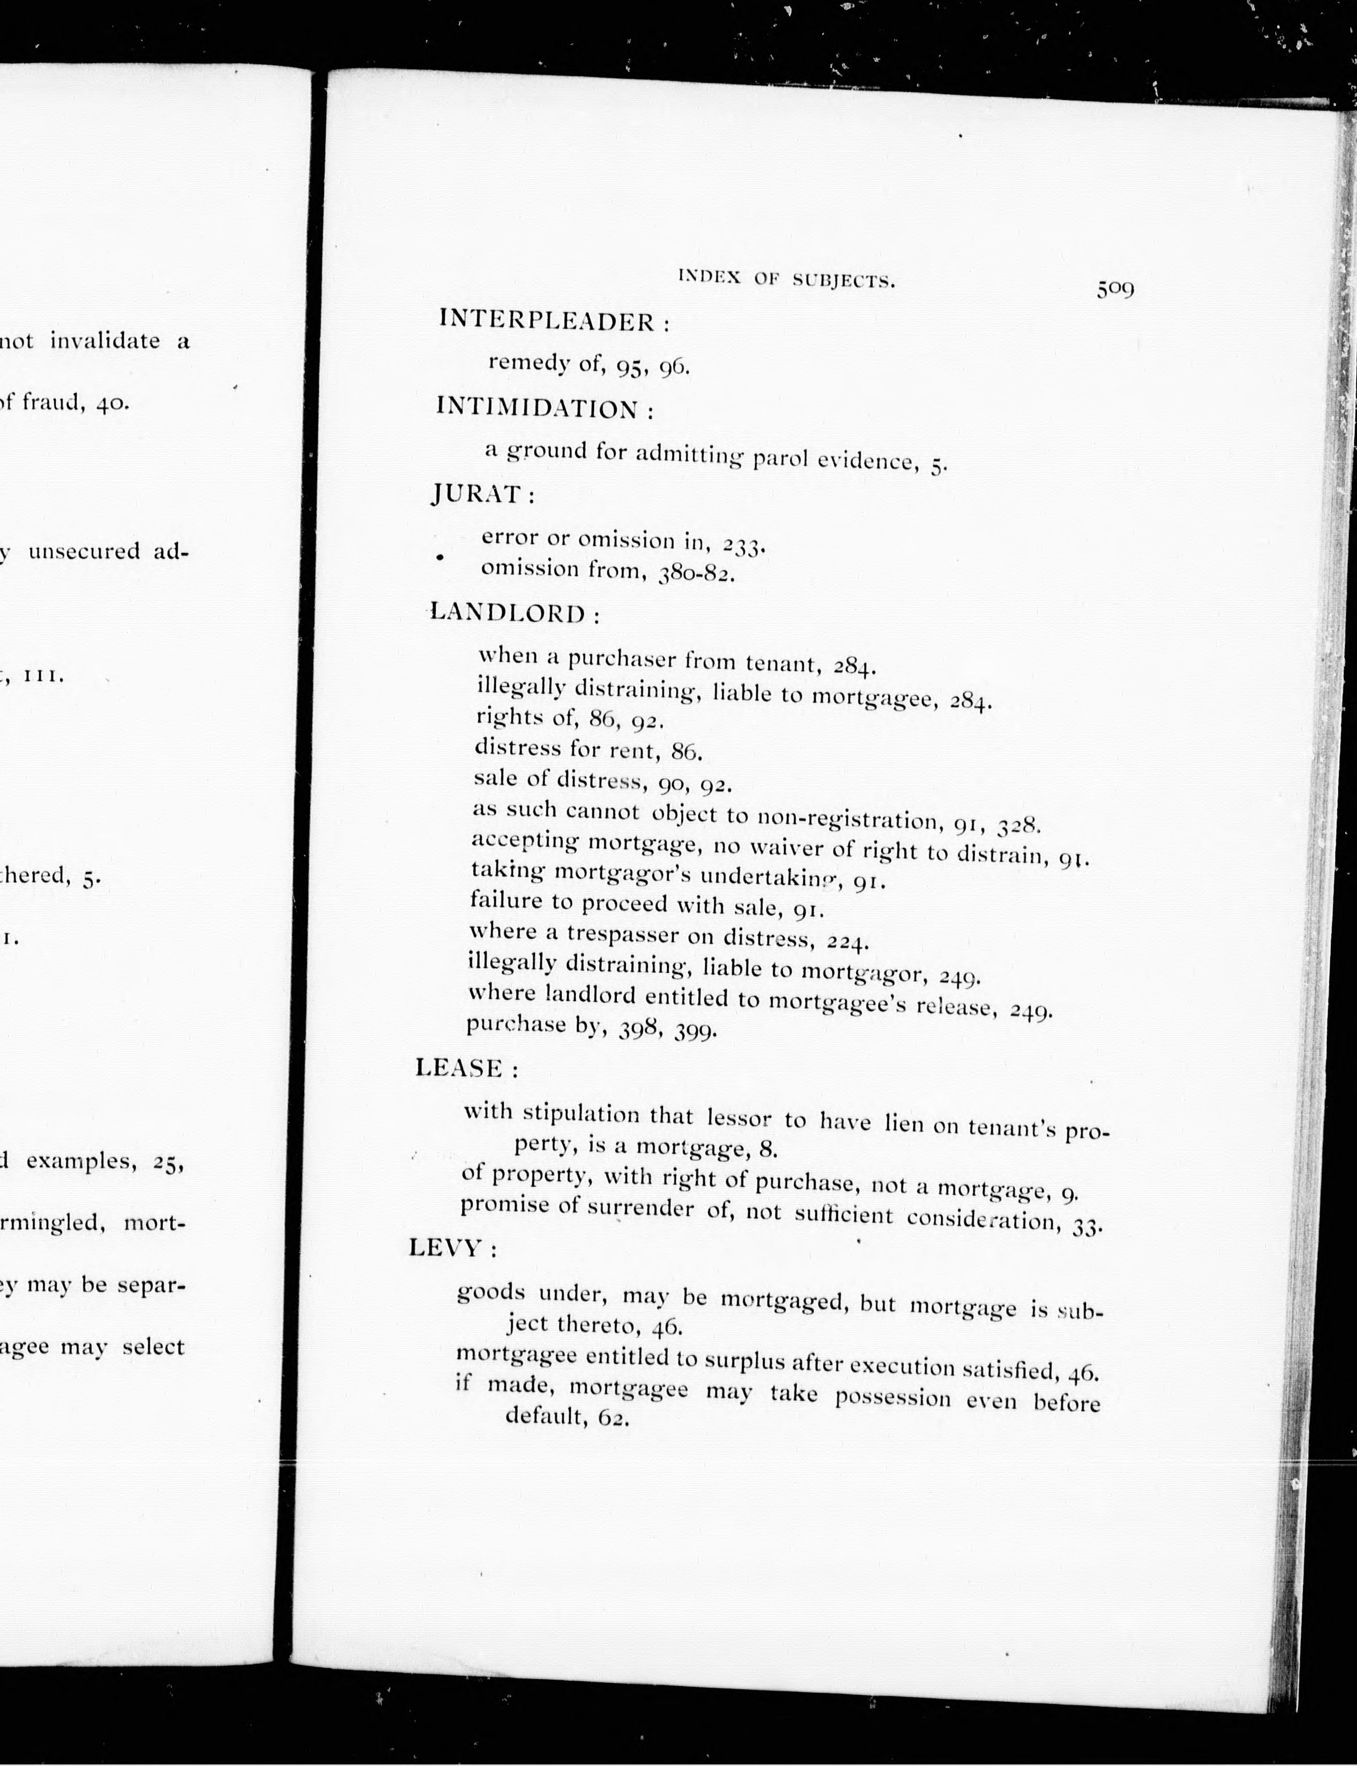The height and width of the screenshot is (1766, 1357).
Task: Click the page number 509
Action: [x=1115, y=288]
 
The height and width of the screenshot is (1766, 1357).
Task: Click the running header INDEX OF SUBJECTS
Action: [x=787, y=280]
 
